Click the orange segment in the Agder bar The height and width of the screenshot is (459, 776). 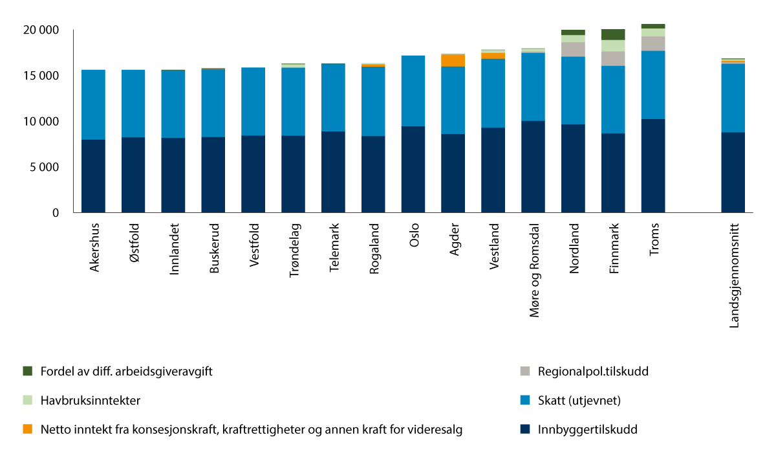tap(453, 60)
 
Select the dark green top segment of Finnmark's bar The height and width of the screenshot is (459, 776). tap(613, 34)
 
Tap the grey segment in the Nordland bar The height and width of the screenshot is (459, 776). tap(573, 49)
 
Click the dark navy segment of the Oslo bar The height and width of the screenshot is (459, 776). tap(413, 169)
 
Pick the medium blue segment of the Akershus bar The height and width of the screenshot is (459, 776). tap(93, 104)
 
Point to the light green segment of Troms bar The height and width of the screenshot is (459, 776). tap(653, 32)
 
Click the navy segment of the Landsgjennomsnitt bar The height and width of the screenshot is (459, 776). tap(733, 172)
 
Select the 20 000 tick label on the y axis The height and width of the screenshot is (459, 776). tap(41, 30)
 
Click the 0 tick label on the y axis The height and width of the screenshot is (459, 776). tap(56, 213)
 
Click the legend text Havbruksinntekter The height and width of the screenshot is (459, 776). tap(90, 400)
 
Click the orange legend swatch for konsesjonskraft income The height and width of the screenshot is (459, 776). tap(27, 429)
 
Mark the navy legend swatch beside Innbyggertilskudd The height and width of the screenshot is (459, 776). tap(525, 429)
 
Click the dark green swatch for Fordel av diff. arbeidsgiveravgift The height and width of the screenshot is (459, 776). tap(27, 371)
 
